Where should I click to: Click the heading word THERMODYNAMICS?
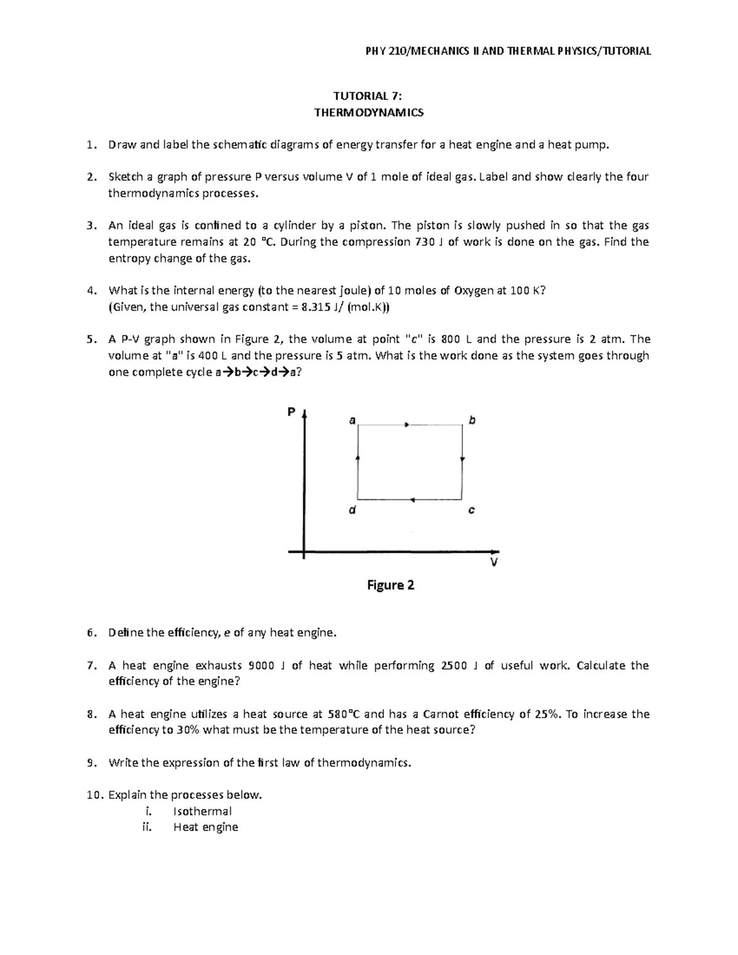(x=368, y=113)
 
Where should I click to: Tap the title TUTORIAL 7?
(x=368, y=96)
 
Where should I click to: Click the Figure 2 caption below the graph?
(x=391, y=585)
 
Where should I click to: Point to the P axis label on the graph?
(x=292, y=412)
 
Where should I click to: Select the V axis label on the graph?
(x=493, y=563)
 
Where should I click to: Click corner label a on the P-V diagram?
(x=352, y=421)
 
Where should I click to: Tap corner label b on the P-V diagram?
(x=472, y=421)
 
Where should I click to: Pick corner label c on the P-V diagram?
(x=471, y=510)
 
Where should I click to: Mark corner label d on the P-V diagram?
(x=352, y=510)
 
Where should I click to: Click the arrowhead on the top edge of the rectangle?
(x=406, y=424)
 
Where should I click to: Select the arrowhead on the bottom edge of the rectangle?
(x=413, y=499)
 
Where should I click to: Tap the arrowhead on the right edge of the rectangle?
(x=462, y=459)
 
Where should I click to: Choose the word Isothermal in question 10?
(x=202, y=811)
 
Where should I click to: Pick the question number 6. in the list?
(x=92, y=633)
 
